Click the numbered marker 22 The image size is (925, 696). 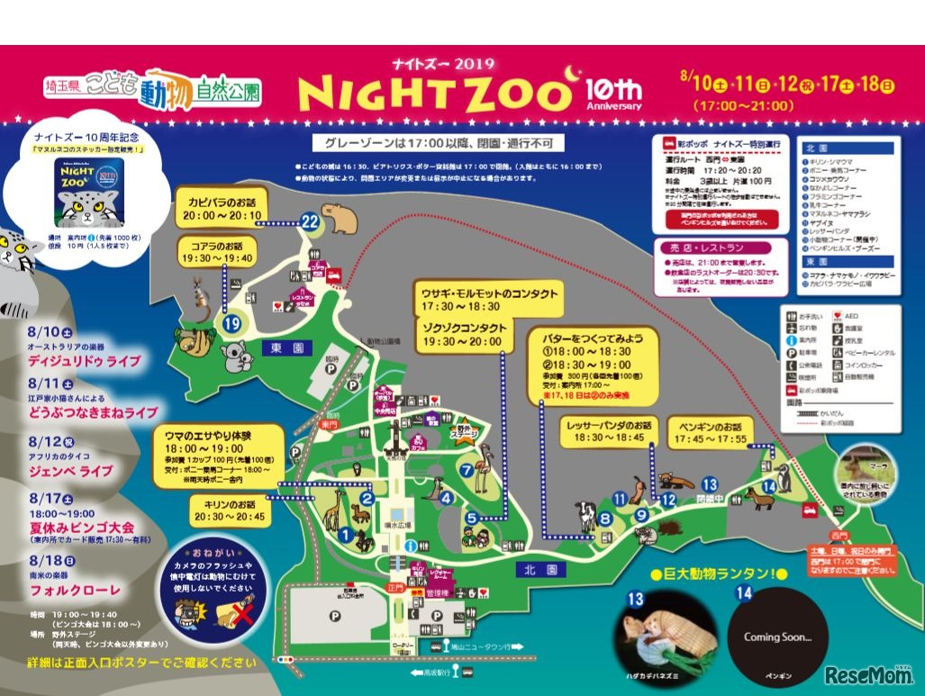[x=311, y=221]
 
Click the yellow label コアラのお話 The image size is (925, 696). [x=217, y=245]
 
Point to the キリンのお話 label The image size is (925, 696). [x=229, y=504]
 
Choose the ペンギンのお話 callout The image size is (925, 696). [x=708, y=426]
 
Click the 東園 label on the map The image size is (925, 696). [x=276, y=346]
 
